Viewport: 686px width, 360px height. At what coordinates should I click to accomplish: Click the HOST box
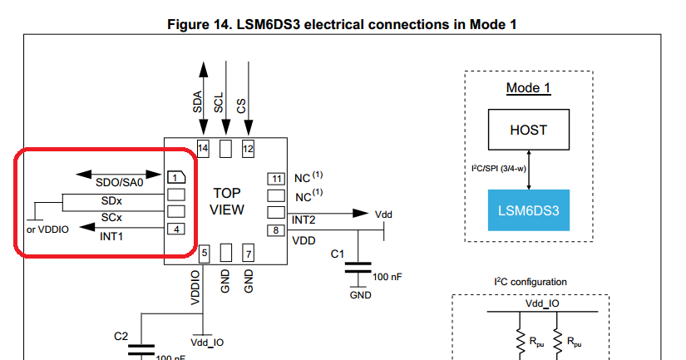coord(528,131)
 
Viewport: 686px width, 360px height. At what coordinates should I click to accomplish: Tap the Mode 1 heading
coord(528,88)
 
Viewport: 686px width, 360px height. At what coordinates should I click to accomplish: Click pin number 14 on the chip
coord(202,148)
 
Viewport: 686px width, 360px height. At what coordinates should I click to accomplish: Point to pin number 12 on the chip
coord(248,148)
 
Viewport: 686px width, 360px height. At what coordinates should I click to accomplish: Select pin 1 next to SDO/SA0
coord(175,177)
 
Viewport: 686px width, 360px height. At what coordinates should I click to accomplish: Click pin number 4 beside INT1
coord(175,229)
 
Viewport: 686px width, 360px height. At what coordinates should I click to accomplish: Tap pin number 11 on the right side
coord(275,178)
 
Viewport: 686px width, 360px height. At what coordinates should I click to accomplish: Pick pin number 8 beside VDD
coord(275,230)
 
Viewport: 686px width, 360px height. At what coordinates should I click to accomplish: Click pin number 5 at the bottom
coord(203,252)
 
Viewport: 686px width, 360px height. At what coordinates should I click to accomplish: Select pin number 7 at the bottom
coord(248,252)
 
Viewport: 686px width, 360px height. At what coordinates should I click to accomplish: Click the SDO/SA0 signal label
coord(119,182)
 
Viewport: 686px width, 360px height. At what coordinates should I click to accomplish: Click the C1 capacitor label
coord(338,253)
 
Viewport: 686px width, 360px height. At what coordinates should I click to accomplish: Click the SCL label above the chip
coord(220,103)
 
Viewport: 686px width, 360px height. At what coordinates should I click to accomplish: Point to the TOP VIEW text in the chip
coord(226,200)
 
